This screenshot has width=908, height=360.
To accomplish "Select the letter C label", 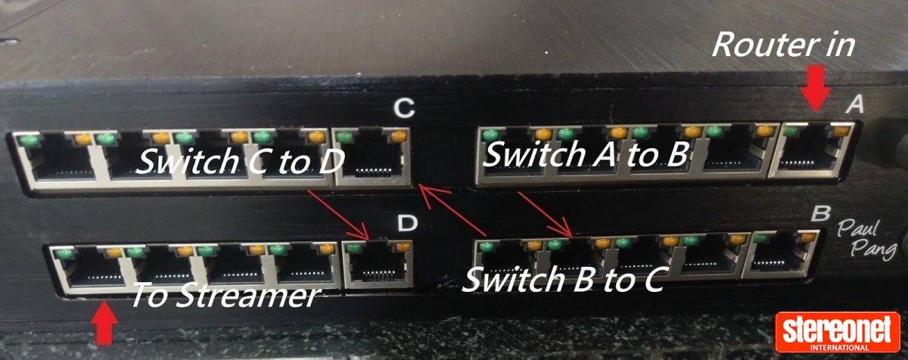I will pos(405,110).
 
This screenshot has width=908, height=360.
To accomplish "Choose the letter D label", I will pos(407,223).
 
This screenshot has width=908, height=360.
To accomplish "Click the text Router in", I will pos(782,46).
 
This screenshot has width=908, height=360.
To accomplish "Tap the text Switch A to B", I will pos(584,155).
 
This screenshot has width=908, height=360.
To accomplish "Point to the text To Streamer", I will pos(224,295).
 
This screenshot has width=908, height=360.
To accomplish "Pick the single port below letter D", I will pos(378,265).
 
